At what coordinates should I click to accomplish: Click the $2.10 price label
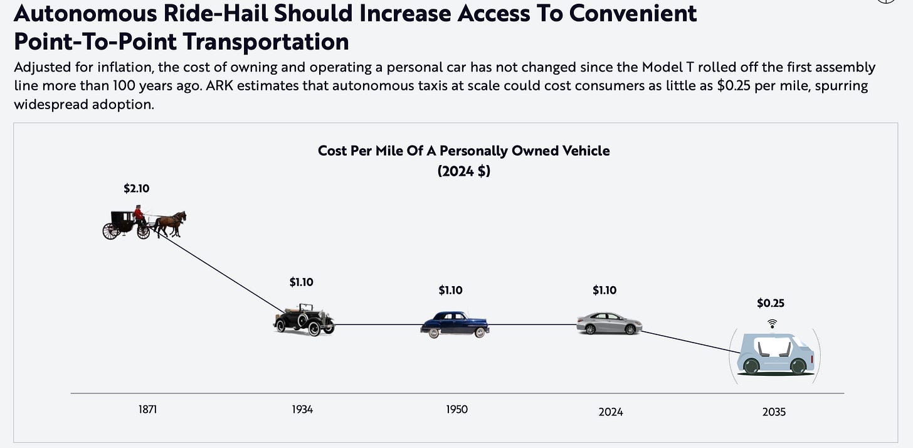click(136, 188)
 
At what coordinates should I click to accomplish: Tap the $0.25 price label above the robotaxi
click(771, 303)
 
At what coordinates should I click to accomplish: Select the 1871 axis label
click(147, 410)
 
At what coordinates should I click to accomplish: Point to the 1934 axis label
click(302, 410)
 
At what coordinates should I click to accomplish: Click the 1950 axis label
click(456, 410)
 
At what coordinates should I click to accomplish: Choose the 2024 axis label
click(611, 412)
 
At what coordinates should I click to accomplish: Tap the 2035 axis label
click(774, 412)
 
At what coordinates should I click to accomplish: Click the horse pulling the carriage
click(171, 223)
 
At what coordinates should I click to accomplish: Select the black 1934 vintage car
click(304, 319)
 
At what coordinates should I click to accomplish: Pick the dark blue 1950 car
click(455, 324)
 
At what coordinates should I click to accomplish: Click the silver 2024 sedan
click(609, 323)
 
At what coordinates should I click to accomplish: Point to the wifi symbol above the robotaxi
click(772, 323)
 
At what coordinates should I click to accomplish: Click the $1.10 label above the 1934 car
click(301, 282)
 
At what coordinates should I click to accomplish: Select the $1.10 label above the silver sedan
click(604, 290)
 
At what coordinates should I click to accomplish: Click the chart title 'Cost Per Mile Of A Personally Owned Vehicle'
click(463, 151)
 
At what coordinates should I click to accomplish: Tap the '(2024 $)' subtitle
click(463, 171)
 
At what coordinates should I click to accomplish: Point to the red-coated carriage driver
click(138, 214)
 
